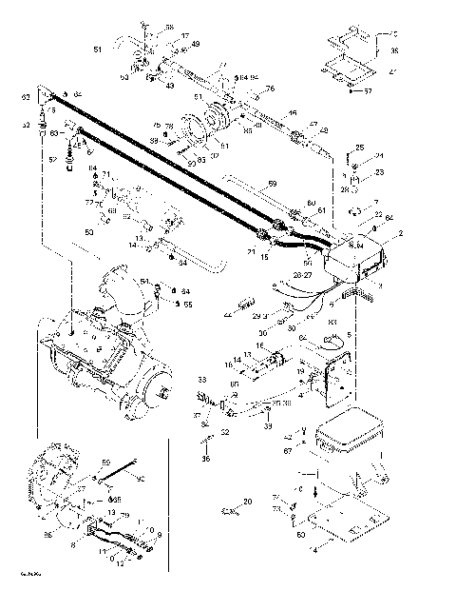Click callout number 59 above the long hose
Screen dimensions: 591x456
pos(272,183)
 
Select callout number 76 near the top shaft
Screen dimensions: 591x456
pos(270,89)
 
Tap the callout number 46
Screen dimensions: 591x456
pos(293,113)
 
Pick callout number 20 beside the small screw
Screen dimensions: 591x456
pos(248,502)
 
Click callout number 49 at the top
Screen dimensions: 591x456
pos(195,44)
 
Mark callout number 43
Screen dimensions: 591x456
pos(171,87)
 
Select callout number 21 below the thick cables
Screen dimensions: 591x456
pos(251,251)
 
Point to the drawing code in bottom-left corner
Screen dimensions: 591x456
pos(18,575)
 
